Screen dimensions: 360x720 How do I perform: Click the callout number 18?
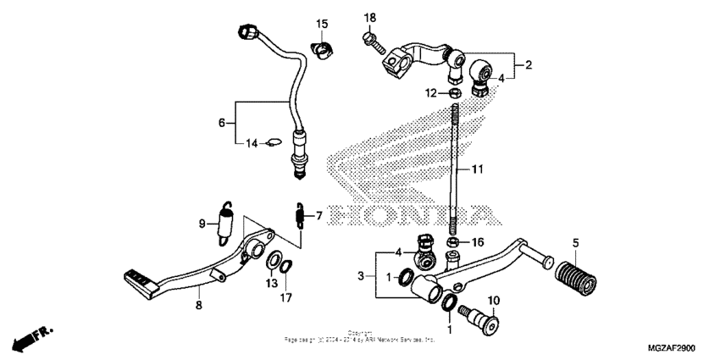[369, 18]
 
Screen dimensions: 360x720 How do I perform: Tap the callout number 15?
[322, 23]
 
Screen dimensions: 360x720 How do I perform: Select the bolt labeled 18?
[373, 37]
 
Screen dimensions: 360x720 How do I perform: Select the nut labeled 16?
[454, 242]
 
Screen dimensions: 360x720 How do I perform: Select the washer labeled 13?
[277, 260]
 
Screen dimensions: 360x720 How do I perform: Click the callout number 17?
[285, 298]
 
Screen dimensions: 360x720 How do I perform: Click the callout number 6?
[222, 123]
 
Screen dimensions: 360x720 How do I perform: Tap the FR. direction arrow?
[31, 335]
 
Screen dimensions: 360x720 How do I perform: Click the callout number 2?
[529, 64]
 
